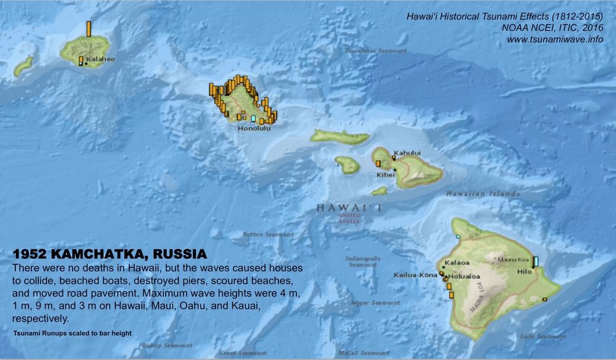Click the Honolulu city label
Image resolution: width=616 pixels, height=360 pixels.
[x=254, y=128]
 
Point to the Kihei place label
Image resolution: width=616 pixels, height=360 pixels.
[x=386, y=174]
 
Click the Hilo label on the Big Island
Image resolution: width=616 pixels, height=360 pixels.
[x=524, y=271]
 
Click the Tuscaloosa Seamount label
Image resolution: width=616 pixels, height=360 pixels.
[x=376, y=51]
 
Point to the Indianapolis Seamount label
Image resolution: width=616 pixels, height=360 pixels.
[x=363, y=261]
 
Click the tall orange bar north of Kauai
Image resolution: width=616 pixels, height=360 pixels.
[x=89, y=28]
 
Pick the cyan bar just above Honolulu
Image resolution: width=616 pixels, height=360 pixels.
[x=253, y=118]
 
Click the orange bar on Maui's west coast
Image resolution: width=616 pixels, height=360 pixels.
[x=378, y=163]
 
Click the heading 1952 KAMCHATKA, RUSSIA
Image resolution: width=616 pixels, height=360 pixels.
[x=110, y=254]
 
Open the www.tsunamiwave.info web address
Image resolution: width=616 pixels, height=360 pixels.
[x=554, y=39]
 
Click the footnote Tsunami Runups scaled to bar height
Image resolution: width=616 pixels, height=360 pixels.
[x=72, y=333]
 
